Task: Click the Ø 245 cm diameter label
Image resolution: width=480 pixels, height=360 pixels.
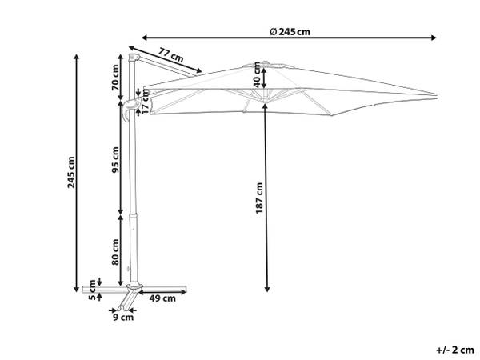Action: point(290,31)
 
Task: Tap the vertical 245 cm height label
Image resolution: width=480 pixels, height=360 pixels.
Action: point(71,172)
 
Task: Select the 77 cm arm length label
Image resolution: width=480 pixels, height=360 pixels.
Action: point(171,54)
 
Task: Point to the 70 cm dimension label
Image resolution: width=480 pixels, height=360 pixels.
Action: point(115,78)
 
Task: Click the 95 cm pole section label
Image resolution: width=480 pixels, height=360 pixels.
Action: point(115,160)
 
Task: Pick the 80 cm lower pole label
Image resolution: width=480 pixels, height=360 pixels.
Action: point(115,252)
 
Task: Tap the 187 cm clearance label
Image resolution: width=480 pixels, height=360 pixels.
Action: point(259,198)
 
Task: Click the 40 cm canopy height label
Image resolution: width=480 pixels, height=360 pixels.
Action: point(257,74)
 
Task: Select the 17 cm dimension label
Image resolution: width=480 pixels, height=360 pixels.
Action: point(146,102)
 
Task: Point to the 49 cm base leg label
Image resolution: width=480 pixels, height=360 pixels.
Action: point(162,298)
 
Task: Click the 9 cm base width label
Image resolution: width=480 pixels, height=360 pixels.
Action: point(123,317)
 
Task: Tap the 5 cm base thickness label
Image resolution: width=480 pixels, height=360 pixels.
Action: point(92,290)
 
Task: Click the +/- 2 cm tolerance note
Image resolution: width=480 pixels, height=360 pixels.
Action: point(455,350)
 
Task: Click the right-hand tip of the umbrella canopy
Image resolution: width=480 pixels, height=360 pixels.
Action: point(436,94)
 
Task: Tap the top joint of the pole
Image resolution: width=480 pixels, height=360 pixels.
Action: point(134,58)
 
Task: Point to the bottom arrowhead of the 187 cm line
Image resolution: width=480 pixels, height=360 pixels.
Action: point(267,288)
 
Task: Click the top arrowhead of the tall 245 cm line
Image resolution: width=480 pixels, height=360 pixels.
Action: point(77,58)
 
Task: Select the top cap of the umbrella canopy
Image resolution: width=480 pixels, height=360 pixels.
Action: point(265,63)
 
